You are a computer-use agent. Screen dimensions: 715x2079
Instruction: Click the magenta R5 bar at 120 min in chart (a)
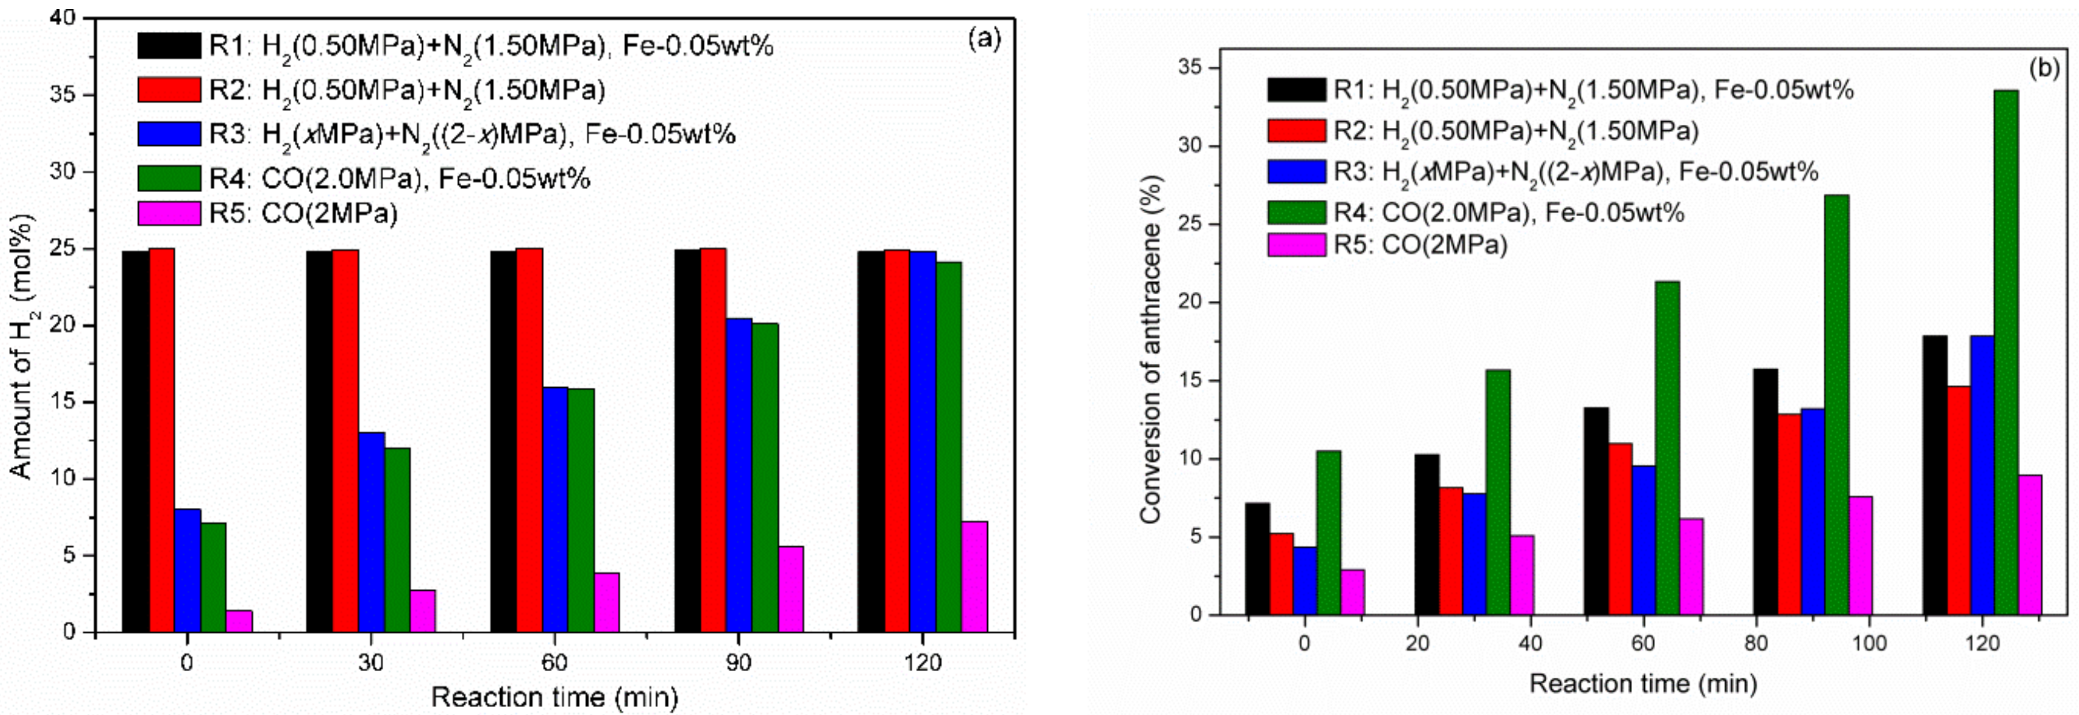[x=975, y=577]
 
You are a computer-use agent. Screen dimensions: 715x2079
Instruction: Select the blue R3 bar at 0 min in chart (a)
[x=188, y=570]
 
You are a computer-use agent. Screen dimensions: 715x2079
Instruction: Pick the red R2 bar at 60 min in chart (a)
[x=530, y=440]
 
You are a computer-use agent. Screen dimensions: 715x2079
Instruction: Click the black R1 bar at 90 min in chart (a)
[x=687, y=441]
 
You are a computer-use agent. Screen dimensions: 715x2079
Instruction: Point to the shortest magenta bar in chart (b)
[x=1352, y=593]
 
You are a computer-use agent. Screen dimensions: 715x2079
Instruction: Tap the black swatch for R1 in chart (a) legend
[x=169, y=46]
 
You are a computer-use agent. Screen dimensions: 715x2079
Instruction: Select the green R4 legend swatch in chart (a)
[x=169, y=178]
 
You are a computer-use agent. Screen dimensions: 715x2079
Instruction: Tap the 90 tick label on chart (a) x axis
[x=737, y=663]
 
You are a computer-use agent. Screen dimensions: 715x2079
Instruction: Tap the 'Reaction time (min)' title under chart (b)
[x=1643, y=684]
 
